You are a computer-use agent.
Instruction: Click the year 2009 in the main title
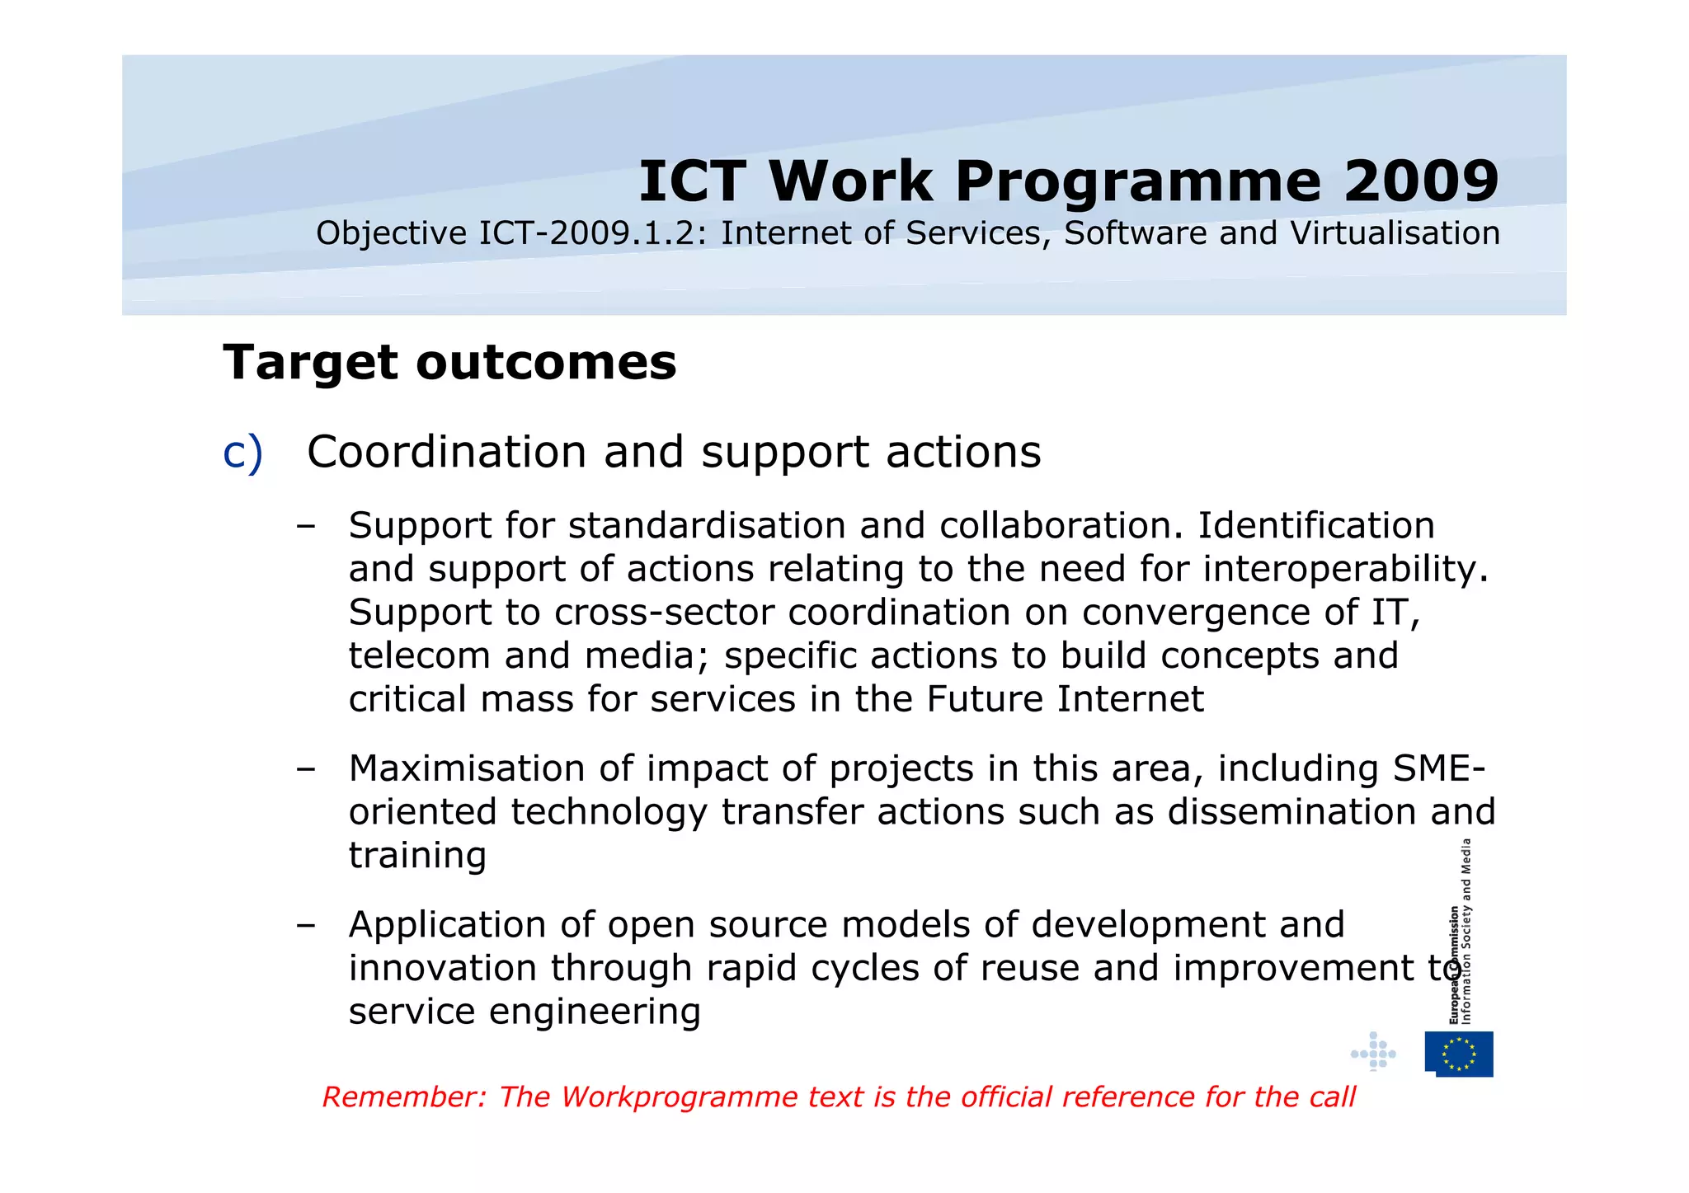[1420, 181]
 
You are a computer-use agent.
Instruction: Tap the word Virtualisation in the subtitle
[1395, 233]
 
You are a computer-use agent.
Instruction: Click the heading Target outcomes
[449, 363]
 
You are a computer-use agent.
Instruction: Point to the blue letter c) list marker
[242, 453]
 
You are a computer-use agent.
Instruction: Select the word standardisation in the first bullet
[707, 526]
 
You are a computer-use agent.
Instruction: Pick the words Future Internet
[1065, 699]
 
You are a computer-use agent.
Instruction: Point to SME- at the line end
[1439, 768]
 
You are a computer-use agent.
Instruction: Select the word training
[417, 856]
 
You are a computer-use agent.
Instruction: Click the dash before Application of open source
[306, 925]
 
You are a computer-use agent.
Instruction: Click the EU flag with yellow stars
[1459, 1054]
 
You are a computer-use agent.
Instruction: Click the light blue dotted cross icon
[1373, 1052]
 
